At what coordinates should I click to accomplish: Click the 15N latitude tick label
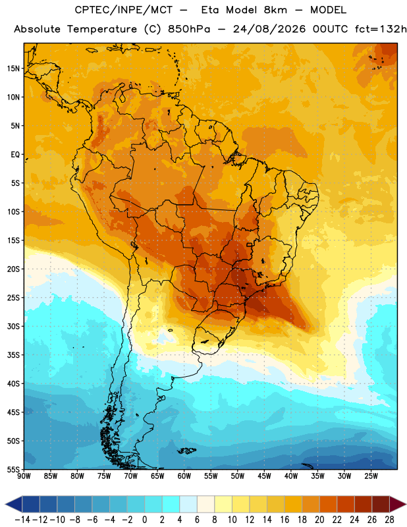13,69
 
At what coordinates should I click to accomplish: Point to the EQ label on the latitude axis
15,155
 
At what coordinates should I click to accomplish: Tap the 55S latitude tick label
13,469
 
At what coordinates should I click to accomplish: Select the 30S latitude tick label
13,326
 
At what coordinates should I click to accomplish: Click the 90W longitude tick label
24,476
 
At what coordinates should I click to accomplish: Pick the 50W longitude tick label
237,476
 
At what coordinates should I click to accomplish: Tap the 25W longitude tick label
371,476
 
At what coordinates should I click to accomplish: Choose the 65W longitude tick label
157,476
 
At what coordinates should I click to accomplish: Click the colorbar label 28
389,520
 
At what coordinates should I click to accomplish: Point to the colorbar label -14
22,520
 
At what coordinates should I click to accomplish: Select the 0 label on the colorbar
144,520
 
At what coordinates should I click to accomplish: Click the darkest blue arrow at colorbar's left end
13,504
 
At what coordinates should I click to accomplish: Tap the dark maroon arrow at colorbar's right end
398,504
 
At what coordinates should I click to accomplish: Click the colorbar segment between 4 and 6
188,504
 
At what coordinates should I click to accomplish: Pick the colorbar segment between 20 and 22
329,504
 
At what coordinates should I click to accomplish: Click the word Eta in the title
209,10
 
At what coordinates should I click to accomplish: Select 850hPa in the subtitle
189,29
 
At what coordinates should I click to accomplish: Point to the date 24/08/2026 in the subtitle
269,29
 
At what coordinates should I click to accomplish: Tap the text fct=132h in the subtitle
381,29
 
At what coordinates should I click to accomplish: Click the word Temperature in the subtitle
102,30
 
